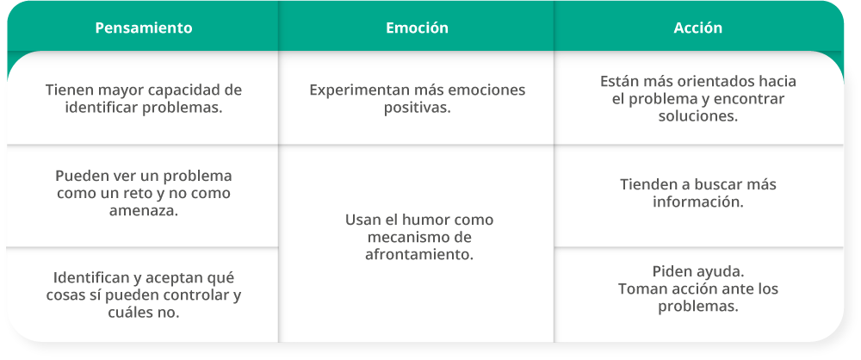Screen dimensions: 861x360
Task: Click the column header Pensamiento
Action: point(143,28)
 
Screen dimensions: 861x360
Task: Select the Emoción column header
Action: point(417,28)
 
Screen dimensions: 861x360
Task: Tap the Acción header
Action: point(698,28)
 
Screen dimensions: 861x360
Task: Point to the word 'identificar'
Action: point(102,108)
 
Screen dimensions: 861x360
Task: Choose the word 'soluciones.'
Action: point(698,117)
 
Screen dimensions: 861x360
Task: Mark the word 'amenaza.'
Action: point(143,211)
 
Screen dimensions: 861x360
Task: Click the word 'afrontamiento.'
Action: point(419,255)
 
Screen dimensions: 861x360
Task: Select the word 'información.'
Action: point(698,202)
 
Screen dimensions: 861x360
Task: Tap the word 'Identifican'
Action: point(89,278)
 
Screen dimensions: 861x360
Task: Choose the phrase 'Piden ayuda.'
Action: point(698,271)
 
